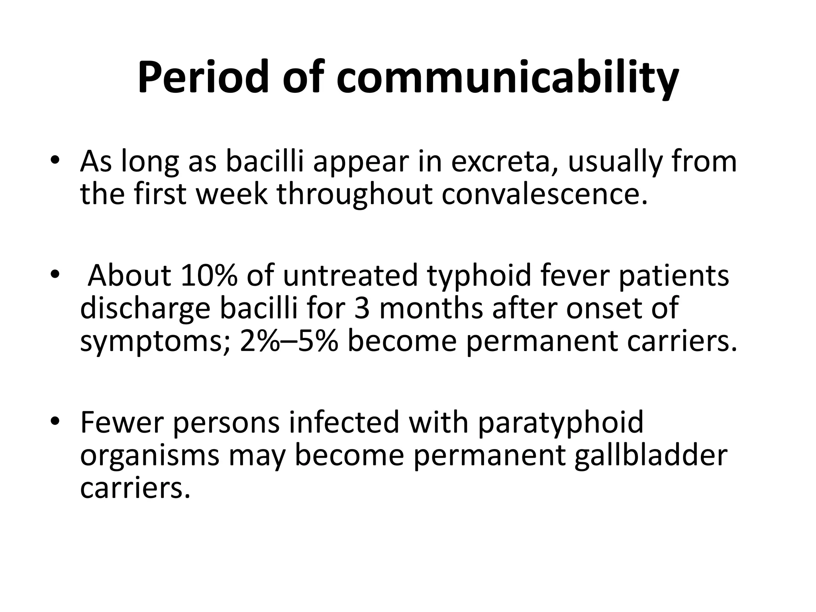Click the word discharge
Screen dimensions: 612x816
(x=145, y=309)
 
